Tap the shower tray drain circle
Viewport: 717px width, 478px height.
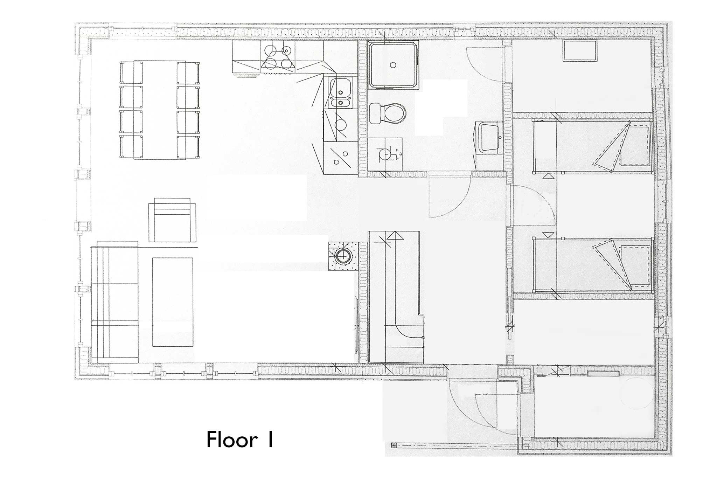[x=393, y=65]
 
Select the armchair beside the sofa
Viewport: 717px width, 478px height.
[x=172, y=220]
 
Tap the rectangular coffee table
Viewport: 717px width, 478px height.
[x=173, y=302]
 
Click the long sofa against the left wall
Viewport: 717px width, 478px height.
[x=115, y=302]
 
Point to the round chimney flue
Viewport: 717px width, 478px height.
[x=343, y=257]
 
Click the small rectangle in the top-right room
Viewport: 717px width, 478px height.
[x=580, y=51]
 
